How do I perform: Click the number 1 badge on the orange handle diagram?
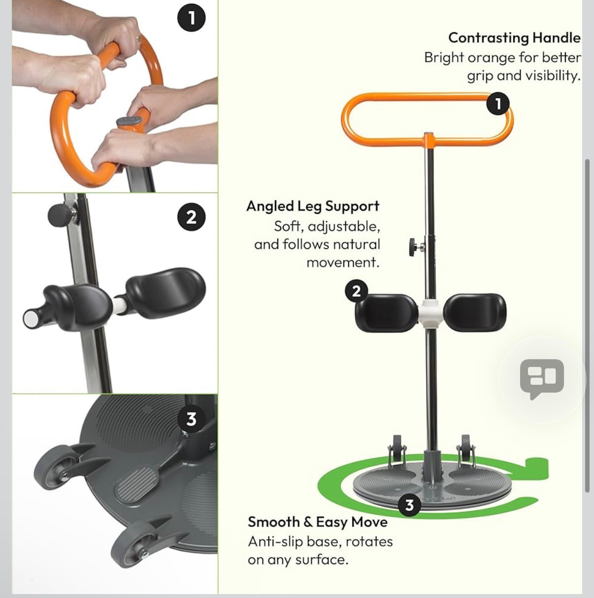click(498, 104)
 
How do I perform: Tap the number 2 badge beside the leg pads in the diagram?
click(357, 292)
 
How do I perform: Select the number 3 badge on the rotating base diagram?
click(409, 505)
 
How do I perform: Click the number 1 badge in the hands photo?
click(192, 18)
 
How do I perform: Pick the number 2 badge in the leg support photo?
click(192, 217)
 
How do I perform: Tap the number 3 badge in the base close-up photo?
click(191, 419)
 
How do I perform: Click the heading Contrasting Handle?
click(514, 38)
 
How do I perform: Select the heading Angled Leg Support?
click(313, 206)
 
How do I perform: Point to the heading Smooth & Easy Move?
click(317, 522)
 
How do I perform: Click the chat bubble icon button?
click(542, 378)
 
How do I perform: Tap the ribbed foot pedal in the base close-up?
click(134, 482)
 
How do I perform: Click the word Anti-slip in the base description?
click(275, 541)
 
